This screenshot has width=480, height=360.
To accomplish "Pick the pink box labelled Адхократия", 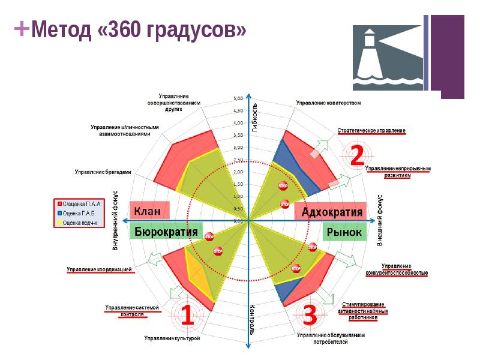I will [332, 212].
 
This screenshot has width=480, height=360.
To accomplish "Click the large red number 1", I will [187, 314].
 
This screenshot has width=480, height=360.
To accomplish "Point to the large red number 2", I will [356, 155].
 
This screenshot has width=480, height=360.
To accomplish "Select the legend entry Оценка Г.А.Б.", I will [79, 213].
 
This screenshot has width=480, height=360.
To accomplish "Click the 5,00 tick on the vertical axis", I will [238, 98].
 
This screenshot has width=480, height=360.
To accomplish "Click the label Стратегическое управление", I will [371, 130].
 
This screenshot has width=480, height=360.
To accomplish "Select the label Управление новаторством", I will [328, 103].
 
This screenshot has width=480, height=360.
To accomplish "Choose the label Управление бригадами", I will [103, 172].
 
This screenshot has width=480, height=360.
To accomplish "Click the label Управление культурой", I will [172, 338].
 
